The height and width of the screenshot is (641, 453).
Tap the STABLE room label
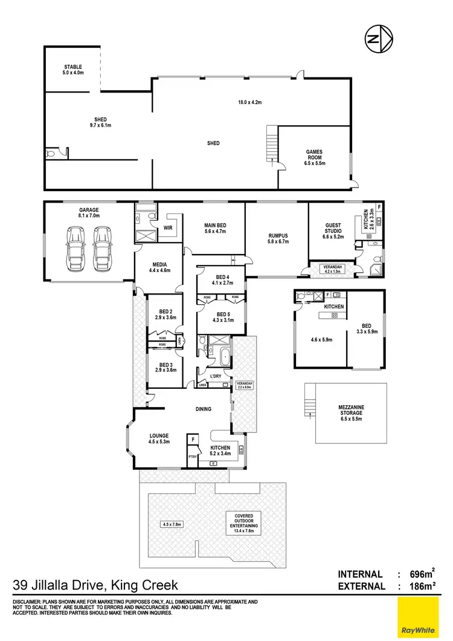(x=72, y=67)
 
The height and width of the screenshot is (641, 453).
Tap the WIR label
(x=169, y=228)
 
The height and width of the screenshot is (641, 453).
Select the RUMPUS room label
(x=279, y=236)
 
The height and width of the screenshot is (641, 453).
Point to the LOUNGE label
(x=160, y=435)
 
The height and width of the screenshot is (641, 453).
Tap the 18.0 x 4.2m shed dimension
(x=249, y=102)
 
